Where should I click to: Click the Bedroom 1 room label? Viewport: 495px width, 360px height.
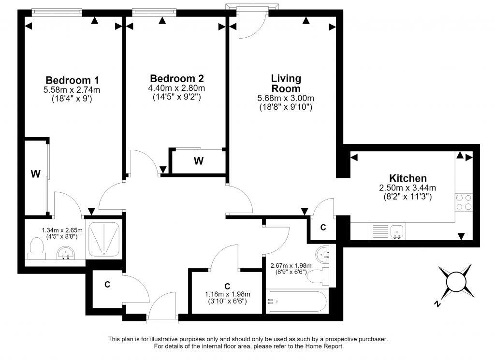[73, 80]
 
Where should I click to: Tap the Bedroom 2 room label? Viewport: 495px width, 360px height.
[177, 78]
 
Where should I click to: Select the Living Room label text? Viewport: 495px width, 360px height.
[286, 83]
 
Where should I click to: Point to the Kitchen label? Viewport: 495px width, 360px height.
[408, 178]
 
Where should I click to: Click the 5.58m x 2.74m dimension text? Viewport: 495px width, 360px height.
[72, 90]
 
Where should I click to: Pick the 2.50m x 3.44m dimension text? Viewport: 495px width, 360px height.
[408, 188]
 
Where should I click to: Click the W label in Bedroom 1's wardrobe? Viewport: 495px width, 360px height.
[36, 173]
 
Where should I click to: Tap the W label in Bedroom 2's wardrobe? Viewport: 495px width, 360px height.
[199, 161]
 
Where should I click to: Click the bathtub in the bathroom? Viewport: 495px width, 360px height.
[297, 302]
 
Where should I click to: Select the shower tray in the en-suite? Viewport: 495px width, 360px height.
[103, 240]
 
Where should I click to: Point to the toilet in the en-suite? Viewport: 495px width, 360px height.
[35, 249]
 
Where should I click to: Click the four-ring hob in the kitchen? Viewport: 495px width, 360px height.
[464, 202]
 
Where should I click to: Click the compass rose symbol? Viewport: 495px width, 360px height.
[454, 282]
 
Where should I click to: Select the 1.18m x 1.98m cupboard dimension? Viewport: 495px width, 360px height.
[228, 294]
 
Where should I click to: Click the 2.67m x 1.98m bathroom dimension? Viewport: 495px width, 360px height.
[291, 266]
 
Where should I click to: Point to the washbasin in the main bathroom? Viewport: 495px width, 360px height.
[322, 255]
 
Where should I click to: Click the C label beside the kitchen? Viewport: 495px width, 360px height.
[323, 227]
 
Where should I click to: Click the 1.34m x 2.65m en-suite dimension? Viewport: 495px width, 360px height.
[62, 230]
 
